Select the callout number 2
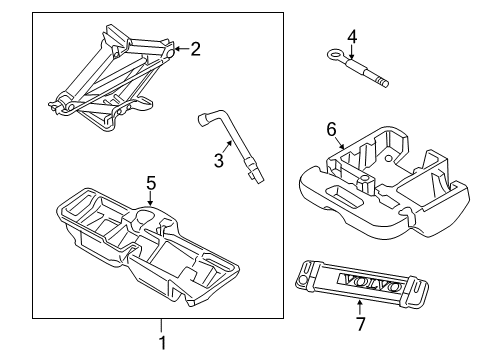click(196, 47)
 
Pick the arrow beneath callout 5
click(150, 198)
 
